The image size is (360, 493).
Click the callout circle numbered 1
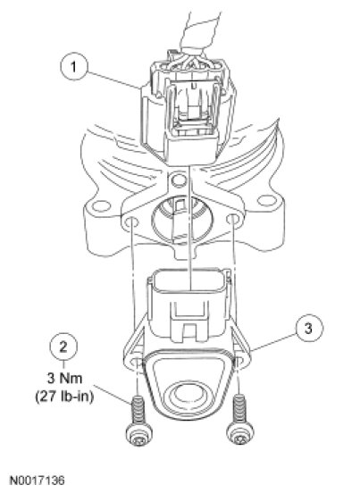tap(73, 67)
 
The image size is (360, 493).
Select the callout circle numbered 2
tap(63, 347)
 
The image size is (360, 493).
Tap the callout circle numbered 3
tap(308, 329)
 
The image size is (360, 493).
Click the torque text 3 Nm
tap(65, 378)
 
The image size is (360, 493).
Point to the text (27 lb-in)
tap(64, 397)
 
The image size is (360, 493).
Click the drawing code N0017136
tap(38, 480)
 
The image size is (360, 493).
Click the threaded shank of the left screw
tap(138, 410)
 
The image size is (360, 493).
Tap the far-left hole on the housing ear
tap(102, 206)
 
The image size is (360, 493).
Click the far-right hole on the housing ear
tap(266, 201)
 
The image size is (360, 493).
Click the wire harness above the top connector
tap(200, 34)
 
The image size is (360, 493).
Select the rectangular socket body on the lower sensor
tap(188, 305)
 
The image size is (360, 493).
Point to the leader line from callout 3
tap(273, 343)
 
